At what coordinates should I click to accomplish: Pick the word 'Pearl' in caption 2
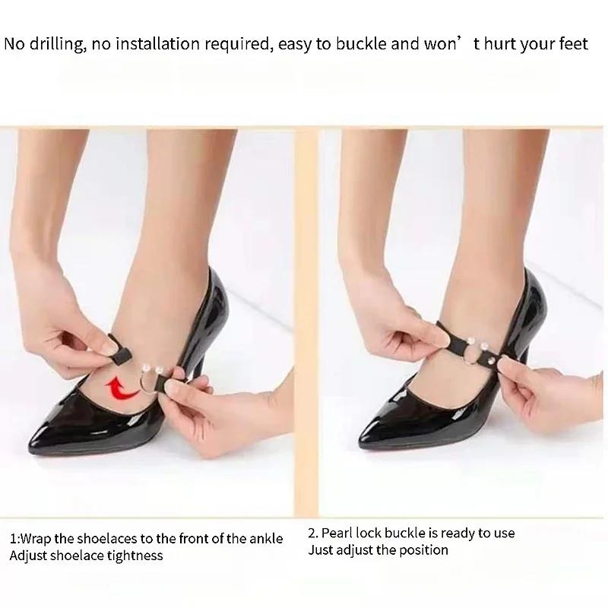tap(339, 533)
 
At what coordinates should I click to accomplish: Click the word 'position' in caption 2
tap(422, 549)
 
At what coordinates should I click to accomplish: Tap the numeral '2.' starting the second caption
tap(313, 533)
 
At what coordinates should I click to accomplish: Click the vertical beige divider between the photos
tap(306, 319)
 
